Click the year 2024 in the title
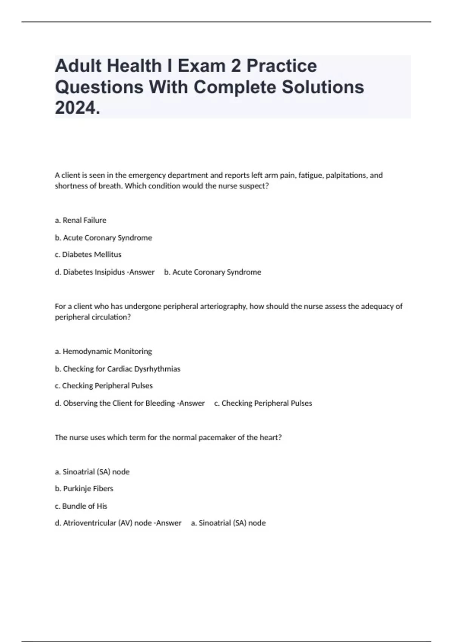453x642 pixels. click(77, 108)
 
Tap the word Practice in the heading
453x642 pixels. click(282, 66)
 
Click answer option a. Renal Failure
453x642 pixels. click(80, 220)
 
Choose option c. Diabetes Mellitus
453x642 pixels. click(88, 255)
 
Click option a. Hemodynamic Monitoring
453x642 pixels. click(103, 351)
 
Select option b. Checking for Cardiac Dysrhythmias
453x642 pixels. click(117, 369)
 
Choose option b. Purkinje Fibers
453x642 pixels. click(84, 488)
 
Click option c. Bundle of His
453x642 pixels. click(81, 506)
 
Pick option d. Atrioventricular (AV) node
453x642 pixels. click(103, 523)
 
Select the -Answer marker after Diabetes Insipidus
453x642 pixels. click(142, 272)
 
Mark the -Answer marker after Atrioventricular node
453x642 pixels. click(168, 523)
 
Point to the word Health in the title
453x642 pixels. click(134, 66)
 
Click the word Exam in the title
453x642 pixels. click(202, 66)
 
